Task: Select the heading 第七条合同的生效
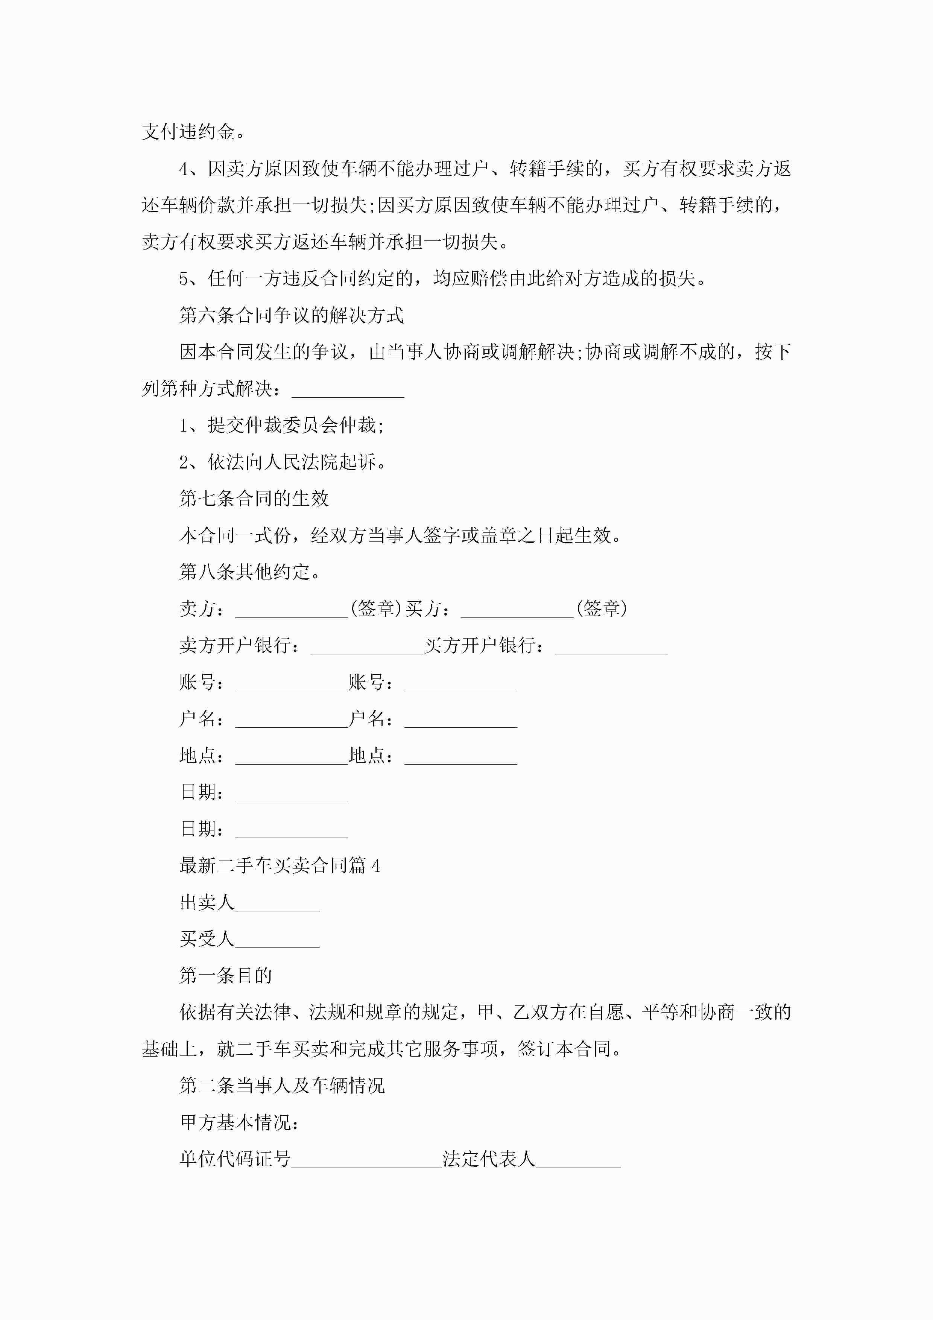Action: (254, 499)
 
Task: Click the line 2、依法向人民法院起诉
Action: (282, 462)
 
